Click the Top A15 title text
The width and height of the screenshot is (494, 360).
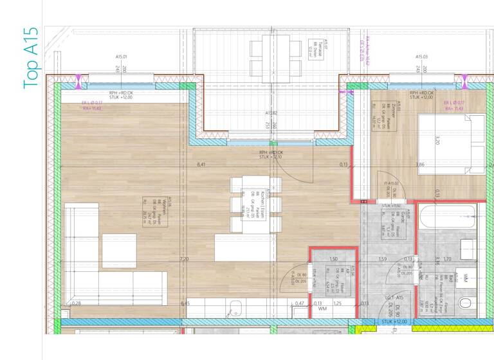(32, 58)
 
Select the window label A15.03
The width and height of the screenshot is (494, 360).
(421, 57)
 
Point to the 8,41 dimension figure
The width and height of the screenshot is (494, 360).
(201, 165)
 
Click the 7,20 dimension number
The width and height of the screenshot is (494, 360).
(184, 259)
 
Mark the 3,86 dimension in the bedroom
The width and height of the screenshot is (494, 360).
(420, 165)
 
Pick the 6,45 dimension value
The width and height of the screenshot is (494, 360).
(185, 303)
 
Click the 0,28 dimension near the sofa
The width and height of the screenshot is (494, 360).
(77, 303)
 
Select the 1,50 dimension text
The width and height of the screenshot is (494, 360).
(333, 259)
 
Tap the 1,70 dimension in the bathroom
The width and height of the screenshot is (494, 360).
(447, 259)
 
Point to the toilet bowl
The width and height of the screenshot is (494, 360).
(466, 302)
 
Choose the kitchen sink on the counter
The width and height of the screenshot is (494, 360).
(236, 307)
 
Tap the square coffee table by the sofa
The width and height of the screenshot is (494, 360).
(119, 251)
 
